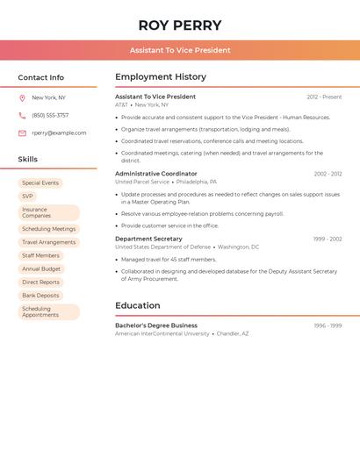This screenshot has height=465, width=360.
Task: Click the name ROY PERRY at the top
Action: pyautogui.click(x=180, y=25)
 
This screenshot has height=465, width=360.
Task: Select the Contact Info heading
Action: pyautogui.click(x=41, y=77)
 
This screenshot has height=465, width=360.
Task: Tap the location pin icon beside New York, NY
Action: pyautogui.click(x=22, y=97)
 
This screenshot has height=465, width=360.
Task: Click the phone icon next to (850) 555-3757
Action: pyautogui.click(x=22, y=115)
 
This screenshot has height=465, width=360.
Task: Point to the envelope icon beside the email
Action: pyautogui.click(x=22, y=133)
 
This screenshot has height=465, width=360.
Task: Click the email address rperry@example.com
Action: pyautogui.click(x=59, y=133)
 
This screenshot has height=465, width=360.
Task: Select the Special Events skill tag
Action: pyautogui.click(x=40, y=183)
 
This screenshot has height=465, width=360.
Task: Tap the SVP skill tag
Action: pyautogui.click(x=28, y=197)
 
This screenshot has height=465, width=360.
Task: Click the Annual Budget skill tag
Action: pyautogui.click(x=41, y=268)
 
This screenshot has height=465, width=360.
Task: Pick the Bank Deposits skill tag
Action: pyautogui.click(x=40, y=296)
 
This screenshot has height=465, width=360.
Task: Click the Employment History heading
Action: pyautogui.click(x=161, y=77)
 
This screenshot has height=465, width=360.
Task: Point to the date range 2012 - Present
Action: pyautogui.click(x=324, y=97)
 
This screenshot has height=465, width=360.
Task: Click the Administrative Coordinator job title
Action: pyautogui.click(x=156, y=174)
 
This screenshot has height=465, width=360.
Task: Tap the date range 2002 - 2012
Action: pyautogui.click(x=328, y=174)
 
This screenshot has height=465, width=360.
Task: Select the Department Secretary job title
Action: pyautogui.click(x=148, y=239)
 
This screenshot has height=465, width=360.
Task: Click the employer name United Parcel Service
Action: pyautogui.click(x=142, y=182)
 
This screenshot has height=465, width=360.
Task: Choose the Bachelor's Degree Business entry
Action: pyautogui.click(x=156, y=325)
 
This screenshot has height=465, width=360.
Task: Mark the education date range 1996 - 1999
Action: pyautogui.click(x=328, y=325)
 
